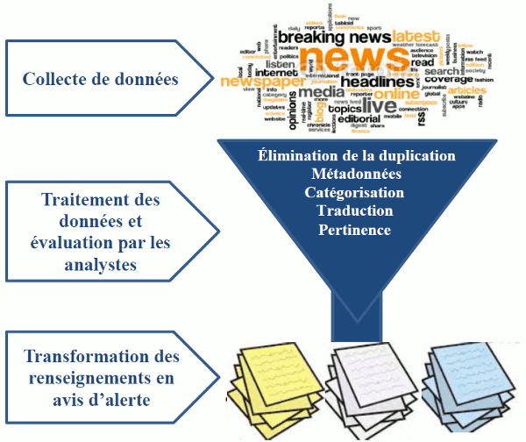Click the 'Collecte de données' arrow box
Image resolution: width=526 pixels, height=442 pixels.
(101, 80)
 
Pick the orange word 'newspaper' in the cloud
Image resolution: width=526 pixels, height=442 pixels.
(264, 82)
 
